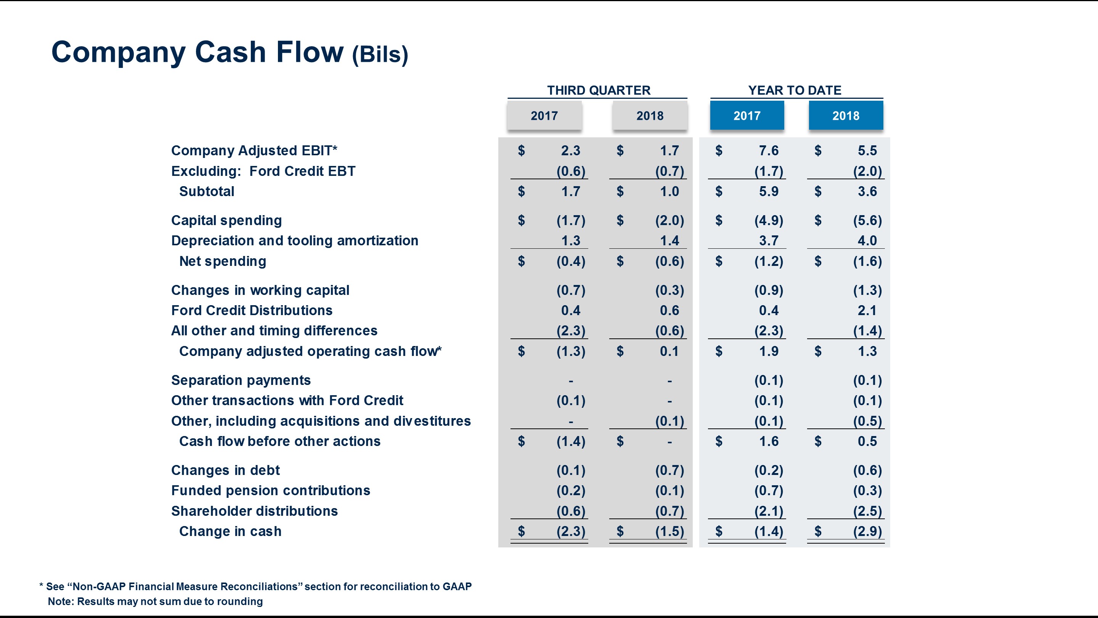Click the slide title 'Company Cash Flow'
[x=197, y=52]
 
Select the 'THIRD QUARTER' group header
[x=599, y=90]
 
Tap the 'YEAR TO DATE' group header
[x=795, y=90]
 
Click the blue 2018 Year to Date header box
[x=846, y=116]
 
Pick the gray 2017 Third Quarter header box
[x=544, y=116]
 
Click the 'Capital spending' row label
[x=226, y=220]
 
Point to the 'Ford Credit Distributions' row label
[x=252, y=311]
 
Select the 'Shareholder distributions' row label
[x=254, y=511]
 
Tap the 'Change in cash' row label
[x=230, y=531]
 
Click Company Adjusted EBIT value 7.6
[x=769, y=151]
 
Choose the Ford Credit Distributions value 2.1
[x=867, y=311]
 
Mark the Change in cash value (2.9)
[x=867, y=531]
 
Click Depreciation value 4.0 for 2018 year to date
[x=867, y=241]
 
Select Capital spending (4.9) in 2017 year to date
[x=769, y=220]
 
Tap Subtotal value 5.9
[x=769, y=192]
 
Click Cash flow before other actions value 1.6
[x=769, y=441]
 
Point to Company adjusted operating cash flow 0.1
[x=669, y=351]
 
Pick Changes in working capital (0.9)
[x=769, y=290]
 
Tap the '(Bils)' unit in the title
[x=380, y=55]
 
